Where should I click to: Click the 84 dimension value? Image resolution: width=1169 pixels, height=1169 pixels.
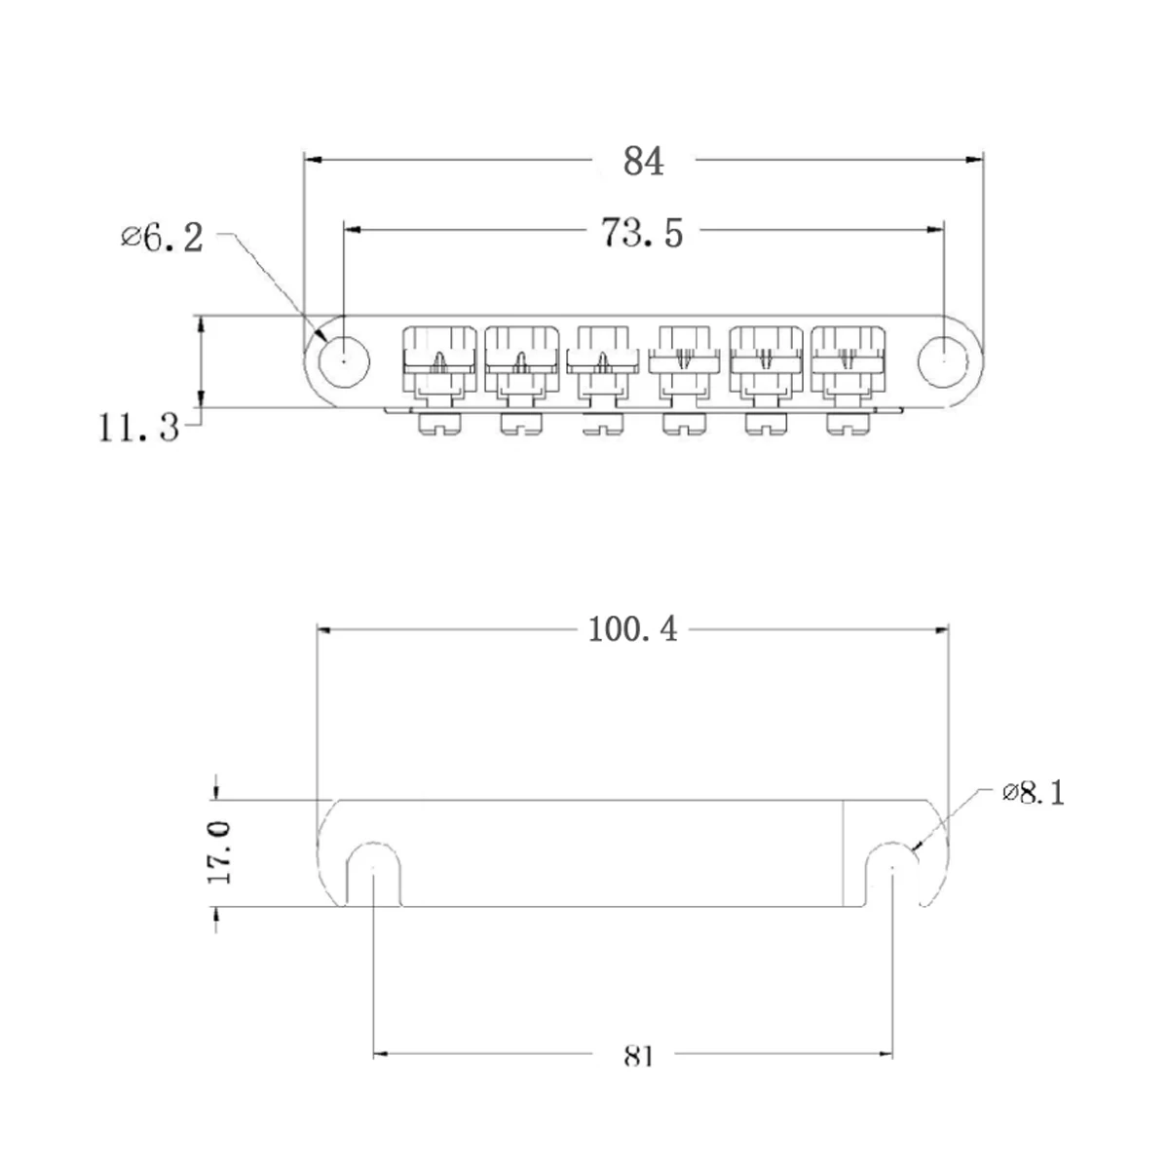coord(643,161)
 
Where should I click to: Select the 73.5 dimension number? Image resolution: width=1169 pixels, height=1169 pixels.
coord(642,234)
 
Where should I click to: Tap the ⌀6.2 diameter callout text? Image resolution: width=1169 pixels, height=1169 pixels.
coord(164,237)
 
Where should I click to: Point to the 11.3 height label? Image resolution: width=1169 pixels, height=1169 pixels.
coord(139,427)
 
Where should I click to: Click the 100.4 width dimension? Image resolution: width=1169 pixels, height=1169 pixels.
coord(632,630)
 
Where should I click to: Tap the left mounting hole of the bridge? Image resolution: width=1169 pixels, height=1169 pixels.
coord(345,358)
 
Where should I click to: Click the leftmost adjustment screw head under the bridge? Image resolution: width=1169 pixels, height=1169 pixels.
coord(437,424)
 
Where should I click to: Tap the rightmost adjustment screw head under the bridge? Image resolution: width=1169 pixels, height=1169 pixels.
coord(848,424)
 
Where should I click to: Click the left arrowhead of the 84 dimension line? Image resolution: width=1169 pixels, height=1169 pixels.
coord(312,160)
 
